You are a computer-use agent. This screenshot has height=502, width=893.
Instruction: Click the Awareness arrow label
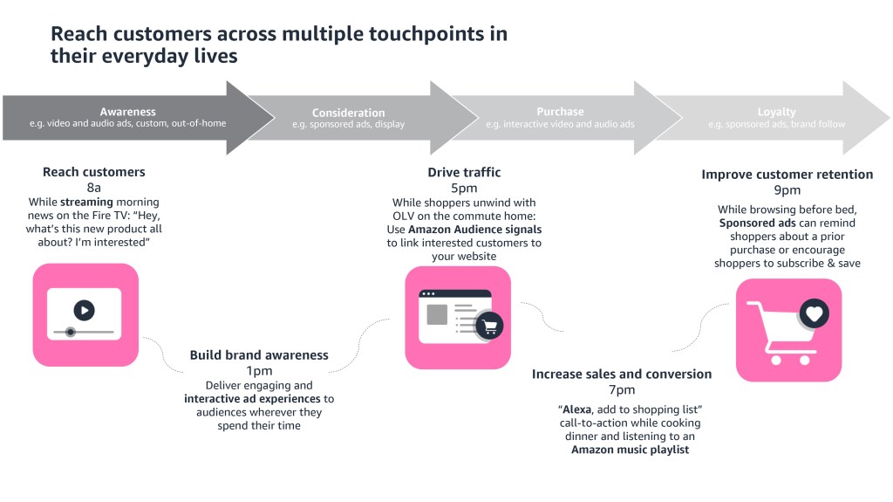pos(127,112)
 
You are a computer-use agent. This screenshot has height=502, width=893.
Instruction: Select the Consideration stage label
pos(348,113)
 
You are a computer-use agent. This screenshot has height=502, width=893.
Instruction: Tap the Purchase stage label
pos(560,112)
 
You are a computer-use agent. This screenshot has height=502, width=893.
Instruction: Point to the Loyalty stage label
pos(776,112)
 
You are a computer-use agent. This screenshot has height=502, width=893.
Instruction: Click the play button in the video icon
pos(84,310)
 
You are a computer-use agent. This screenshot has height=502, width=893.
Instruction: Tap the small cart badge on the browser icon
pos(490,327)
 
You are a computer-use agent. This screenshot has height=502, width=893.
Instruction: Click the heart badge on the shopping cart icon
pos(814,313)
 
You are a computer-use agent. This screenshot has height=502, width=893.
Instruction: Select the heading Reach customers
pos(94,172)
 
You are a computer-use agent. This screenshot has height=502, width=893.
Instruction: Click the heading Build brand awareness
pos(259,355)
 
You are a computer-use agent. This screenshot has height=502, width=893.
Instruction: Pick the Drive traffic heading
pos(464,172)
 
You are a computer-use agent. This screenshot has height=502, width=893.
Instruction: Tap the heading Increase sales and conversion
pos(622,375)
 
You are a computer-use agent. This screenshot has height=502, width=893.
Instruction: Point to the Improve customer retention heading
pos(787,175)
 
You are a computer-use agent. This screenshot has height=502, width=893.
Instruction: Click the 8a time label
pos(94,188)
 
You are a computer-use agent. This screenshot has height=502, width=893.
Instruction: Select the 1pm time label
pos(259,370)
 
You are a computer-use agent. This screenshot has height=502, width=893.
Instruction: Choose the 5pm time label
pos(464,188)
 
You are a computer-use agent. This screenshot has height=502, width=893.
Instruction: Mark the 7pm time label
pos(622,390)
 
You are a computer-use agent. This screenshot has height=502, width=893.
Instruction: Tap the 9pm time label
pos(787,190)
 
